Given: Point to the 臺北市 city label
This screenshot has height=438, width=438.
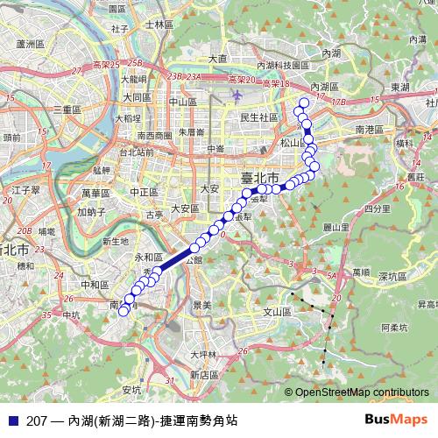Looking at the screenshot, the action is tap(260, 178).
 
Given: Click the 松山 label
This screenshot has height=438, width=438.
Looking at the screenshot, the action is tap(290, 142).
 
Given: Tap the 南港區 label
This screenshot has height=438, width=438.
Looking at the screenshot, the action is tap(371, 129).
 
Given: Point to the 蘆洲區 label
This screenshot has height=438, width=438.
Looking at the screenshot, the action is tap(31, 42).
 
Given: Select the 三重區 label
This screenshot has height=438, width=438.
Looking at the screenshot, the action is tap(67, 109).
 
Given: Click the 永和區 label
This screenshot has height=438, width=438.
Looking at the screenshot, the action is tap(148, 258).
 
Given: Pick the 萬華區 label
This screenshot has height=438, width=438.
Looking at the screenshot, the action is tap(97, 192).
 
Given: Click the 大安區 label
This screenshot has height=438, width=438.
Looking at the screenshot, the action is tap(186, 208).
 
